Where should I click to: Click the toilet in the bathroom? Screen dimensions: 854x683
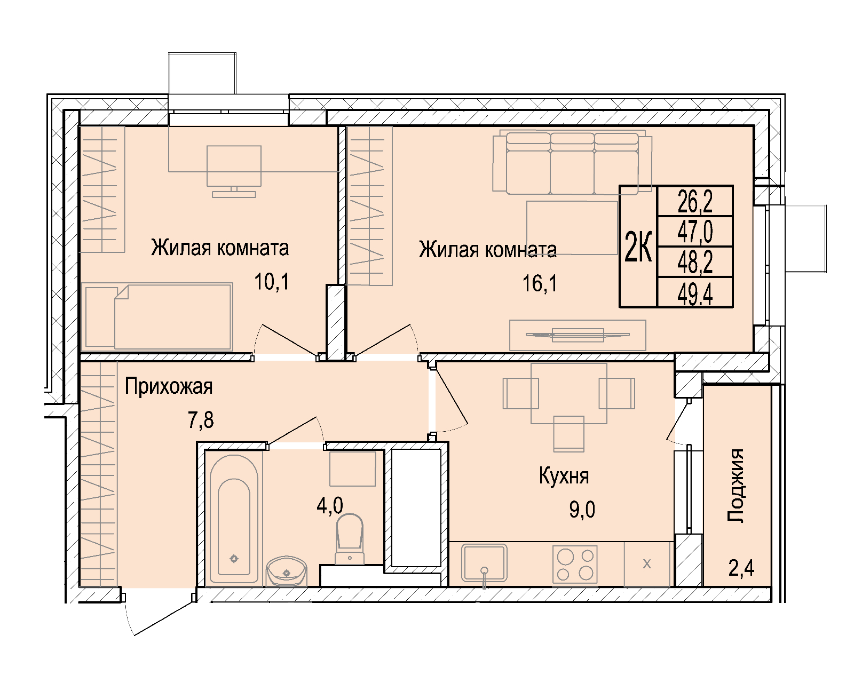pos(350,538)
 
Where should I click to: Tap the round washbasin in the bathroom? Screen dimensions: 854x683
pos(287,571)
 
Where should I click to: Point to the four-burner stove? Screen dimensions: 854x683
pos(575,565)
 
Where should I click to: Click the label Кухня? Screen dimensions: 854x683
pos(564,476)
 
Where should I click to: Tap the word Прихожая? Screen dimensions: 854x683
pos(169,386)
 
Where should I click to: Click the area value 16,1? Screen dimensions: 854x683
pos(540,284)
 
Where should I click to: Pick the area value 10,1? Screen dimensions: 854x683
pos(272,282)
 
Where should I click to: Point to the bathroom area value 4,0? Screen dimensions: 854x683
pos(330,506)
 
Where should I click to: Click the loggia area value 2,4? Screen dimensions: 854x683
pos(741,568)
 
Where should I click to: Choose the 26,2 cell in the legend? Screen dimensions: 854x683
pos(695,202)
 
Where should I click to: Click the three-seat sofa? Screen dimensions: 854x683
pos(572,164)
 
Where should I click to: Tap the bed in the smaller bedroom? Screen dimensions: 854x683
pos(157,317)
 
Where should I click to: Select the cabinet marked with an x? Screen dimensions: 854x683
pos(647,564)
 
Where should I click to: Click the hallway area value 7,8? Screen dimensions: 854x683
pos(201,420)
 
